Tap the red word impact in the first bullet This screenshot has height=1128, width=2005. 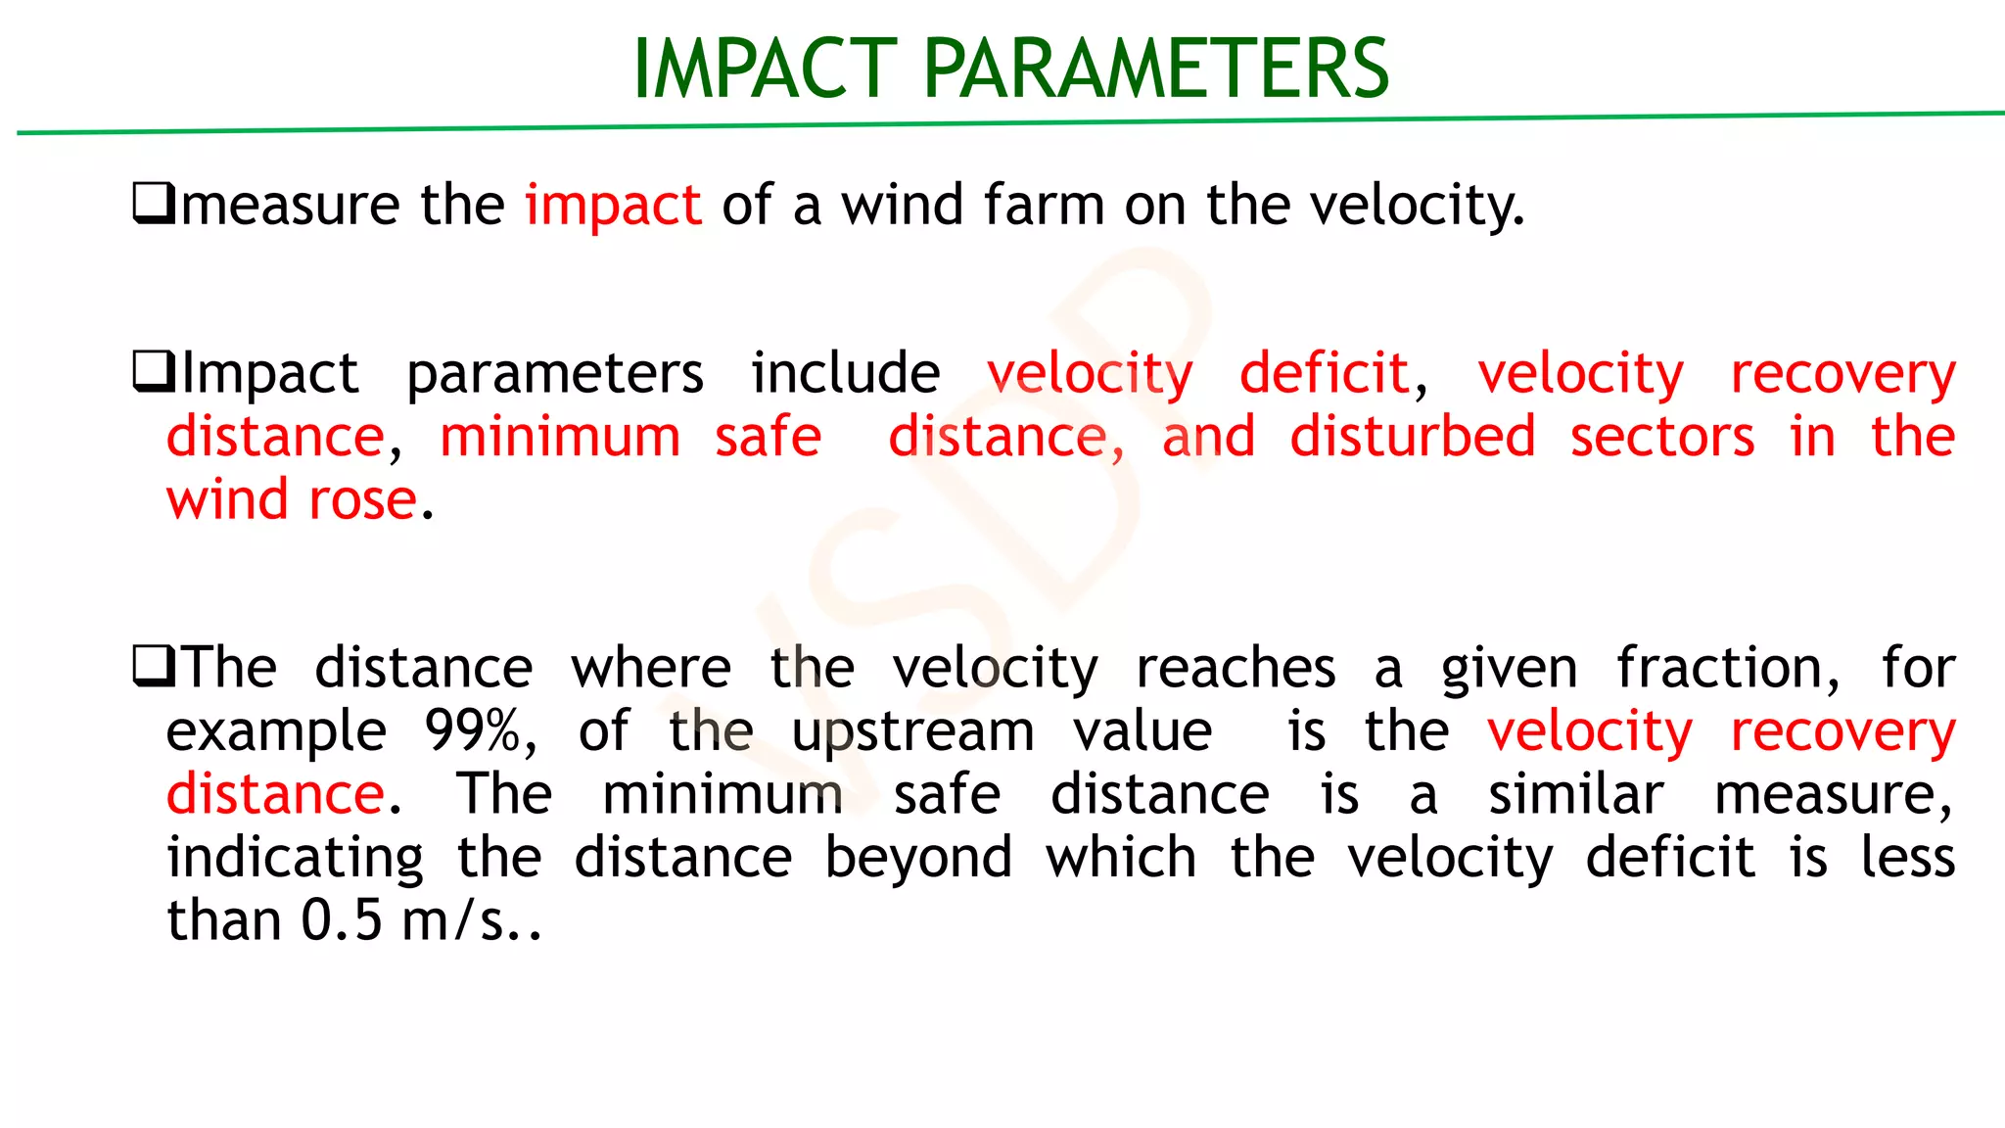(613, 206)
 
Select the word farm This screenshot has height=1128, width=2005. (1044, 206)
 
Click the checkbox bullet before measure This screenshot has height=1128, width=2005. (153, 204)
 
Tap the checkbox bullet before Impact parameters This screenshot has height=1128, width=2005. (153, 372)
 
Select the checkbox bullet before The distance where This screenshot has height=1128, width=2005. (153, 667)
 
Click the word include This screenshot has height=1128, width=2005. (845, 373)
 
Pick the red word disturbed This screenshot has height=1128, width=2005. (1412, 437)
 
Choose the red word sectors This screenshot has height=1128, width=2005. (1662, 437)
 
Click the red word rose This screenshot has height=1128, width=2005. (362, 500)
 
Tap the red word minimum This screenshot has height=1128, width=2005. (560, 437)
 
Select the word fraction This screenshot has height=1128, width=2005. (1727, 669)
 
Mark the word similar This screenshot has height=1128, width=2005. (1575, 794)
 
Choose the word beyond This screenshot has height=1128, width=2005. (918, 859)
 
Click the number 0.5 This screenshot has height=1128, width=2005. (341, 921)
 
